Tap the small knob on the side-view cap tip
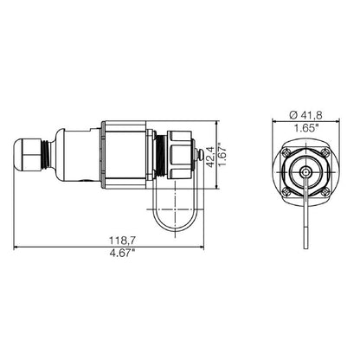[x=202, y=157]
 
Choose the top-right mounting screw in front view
[x=327, y=150]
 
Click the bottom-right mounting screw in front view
[x=327, y=192]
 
